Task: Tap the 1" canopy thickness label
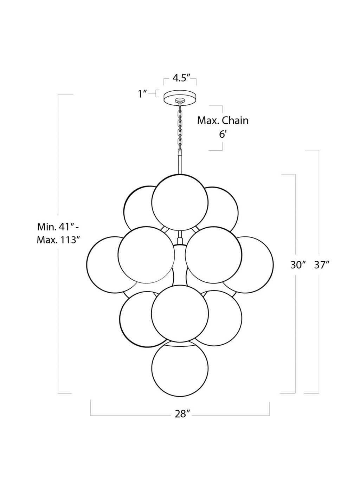click(x=142, y=94)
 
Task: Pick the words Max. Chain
click(x=223, y=120)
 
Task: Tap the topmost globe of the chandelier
click(x=180, y=203)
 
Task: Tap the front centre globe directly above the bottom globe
click(x=180, y=314)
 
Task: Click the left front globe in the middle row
click(x=146, y=255)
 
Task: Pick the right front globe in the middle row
click(x=213, y=255)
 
